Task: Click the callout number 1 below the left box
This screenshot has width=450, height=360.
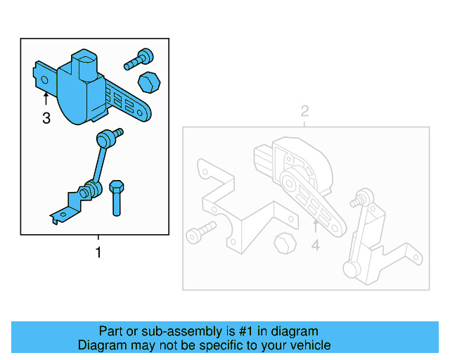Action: (98, 252)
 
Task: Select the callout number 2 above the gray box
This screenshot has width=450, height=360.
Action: (304, 111)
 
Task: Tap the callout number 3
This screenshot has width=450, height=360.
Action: (46, 119)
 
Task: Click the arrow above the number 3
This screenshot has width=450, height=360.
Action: (46, 99)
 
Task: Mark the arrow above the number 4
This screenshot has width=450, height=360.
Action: (315, 226)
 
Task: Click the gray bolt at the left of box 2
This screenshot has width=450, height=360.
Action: (200, 233)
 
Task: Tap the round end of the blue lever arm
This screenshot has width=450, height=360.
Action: (144, 111)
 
